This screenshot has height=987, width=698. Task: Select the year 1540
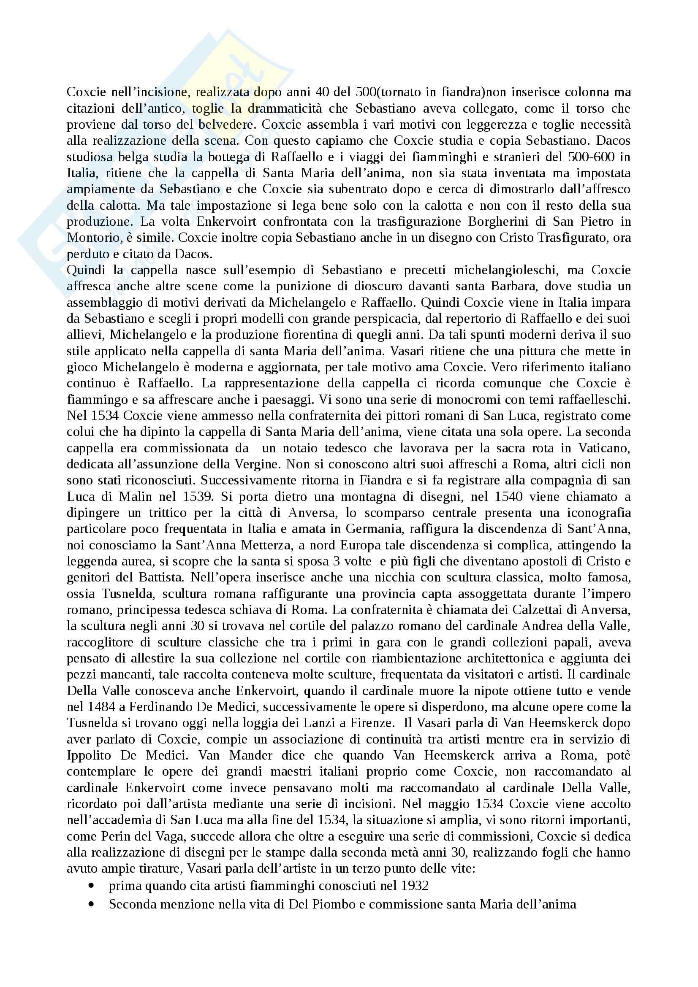pos(508,497)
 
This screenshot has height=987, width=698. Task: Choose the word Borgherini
pos(486,222)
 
